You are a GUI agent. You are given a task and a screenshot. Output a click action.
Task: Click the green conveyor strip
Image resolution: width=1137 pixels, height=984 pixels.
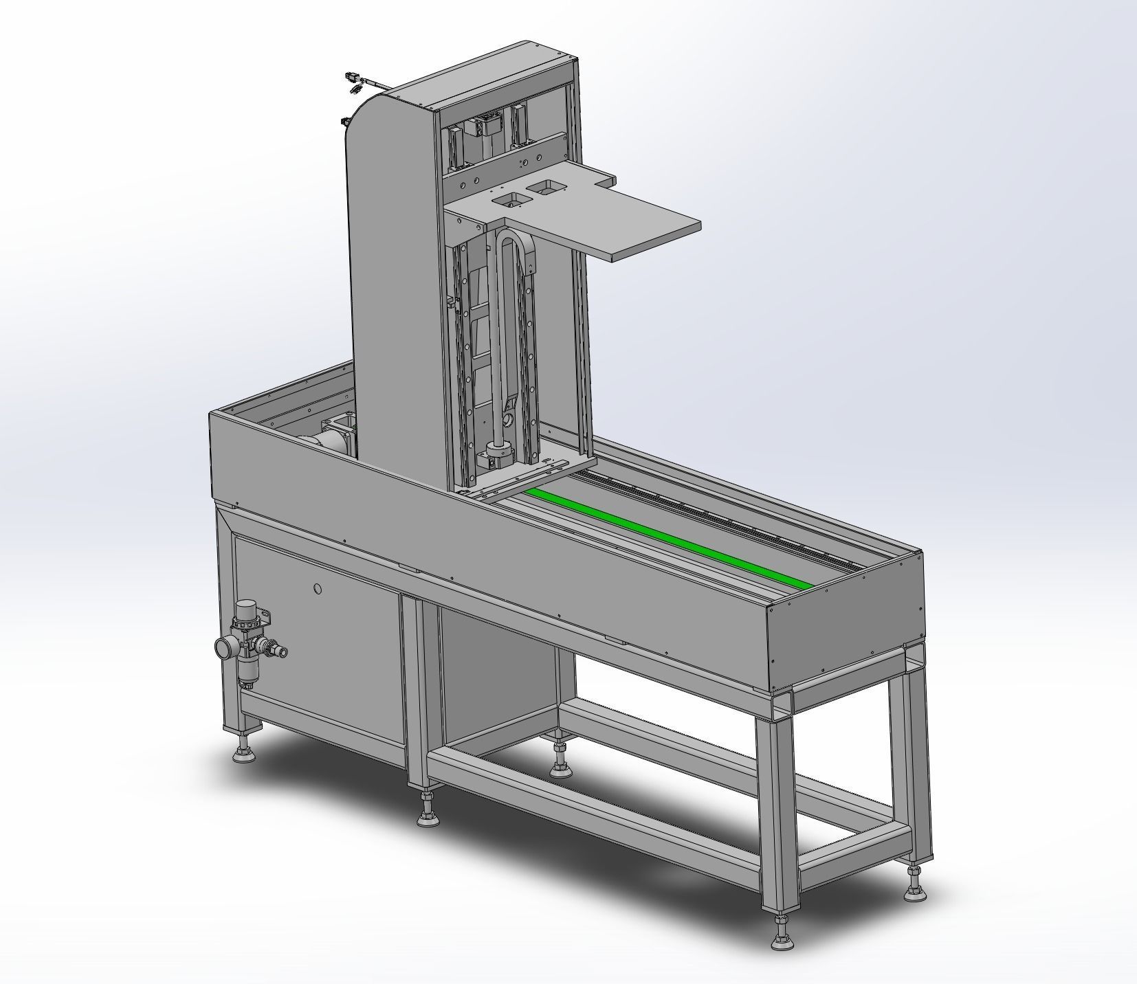pos(667,536)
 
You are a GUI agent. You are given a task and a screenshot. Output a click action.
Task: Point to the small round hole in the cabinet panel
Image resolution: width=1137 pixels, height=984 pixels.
pos(317,589)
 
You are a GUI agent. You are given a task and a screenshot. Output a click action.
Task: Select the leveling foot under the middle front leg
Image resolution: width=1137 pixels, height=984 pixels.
pos(428,814)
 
